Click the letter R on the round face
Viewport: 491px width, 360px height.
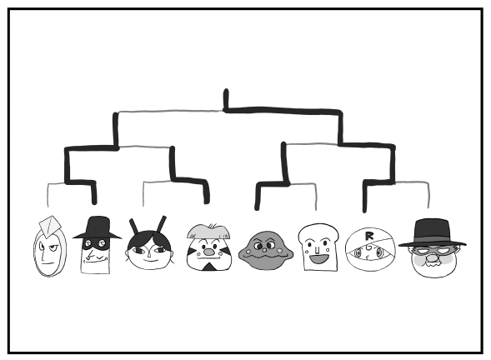369,236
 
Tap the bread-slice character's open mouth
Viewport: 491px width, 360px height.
319,258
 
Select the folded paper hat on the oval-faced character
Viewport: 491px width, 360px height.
50,226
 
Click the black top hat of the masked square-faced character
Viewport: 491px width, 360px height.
98,227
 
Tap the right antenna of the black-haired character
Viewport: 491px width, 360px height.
162,224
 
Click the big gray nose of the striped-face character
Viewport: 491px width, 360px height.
209,251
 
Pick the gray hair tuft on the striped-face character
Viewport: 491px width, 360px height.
209,231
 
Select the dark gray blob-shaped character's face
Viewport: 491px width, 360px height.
266,251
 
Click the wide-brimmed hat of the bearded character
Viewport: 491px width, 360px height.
432,233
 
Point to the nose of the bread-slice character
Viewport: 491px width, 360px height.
318,250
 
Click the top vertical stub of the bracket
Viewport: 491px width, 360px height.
226,99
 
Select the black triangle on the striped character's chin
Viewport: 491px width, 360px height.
209,267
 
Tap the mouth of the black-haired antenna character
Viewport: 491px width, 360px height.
150,260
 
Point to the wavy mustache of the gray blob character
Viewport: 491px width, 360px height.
266,257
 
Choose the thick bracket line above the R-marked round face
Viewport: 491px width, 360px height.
364,197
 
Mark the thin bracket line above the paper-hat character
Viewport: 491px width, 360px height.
48,195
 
